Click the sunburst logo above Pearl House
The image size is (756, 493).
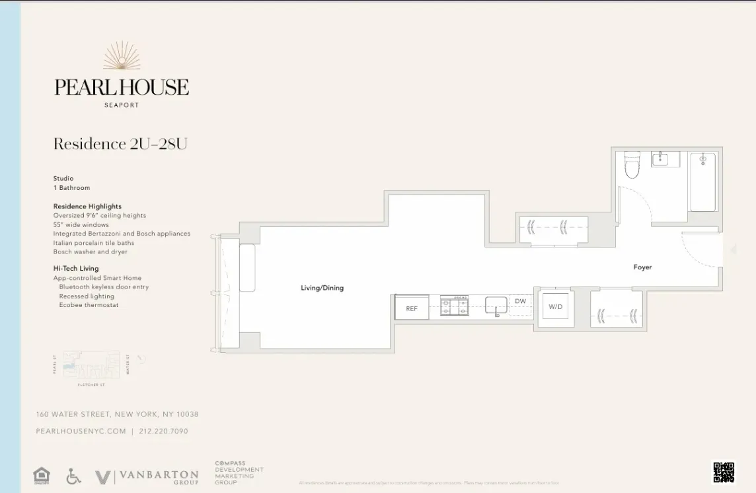click(122, 56)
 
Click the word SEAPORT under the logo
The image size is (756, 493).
click(122, 105)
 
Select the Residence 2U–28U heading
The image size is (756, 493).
click(120, 144)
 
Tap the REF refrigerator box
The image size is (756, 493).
click(412, 308)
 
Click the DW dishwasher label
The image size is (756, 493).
click(521, 302)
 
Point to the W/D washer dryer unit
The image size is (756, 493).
click(555, 306)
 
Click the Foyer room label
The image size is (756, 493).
click(642, 267)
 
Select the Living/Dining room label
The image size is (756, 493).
click(322, 288)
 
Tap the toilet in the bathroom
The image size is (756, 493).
click(632, 166)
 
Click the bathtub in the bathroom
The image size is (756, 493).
click(702, 181)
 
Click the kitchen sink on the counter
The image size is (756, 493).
click(496, 305)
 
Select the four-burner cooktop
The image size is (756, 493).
click(455, 306)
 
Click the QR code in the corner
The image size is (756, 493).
click(724, 472)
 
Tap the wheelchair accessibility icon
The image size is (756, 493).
click(74, 476)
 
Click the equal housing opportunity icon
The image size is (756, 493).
click(42, 476)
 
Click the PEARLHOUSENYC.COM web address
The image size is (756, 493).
click(81, 431)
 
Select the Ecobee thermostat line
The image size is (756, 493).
click(89, 305)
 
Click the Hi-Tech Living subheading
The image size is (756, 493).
click(76, 268)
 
